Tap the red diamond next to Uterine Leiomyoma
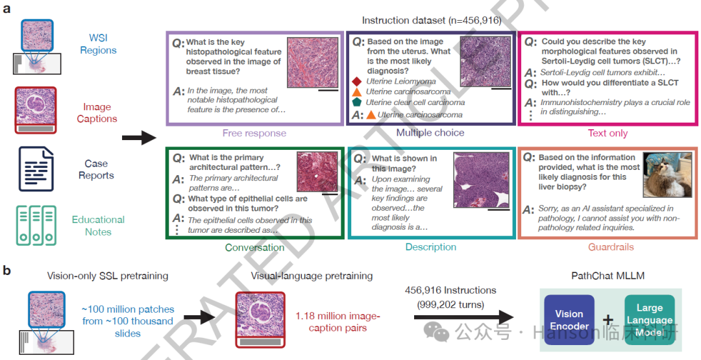(356, 82)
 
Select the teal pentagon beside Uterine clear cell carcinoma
(356, 102)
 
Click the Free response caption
(254, 134)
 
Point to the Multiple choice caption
(430, 133)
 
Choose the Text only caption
(608, 134)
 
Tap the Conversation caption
(254, 247)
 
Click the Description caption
(430, 247)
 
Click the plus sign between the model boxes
(608, 320)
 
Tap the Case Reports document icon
(36, 169)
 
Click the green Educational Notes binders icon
(36, 226)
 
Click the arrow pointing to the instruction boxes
(139, 138)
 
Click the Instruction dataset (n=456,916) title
(430, 21)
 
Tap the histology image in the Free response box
(313, 62)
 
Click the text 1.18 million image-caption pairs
(338, 322)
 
